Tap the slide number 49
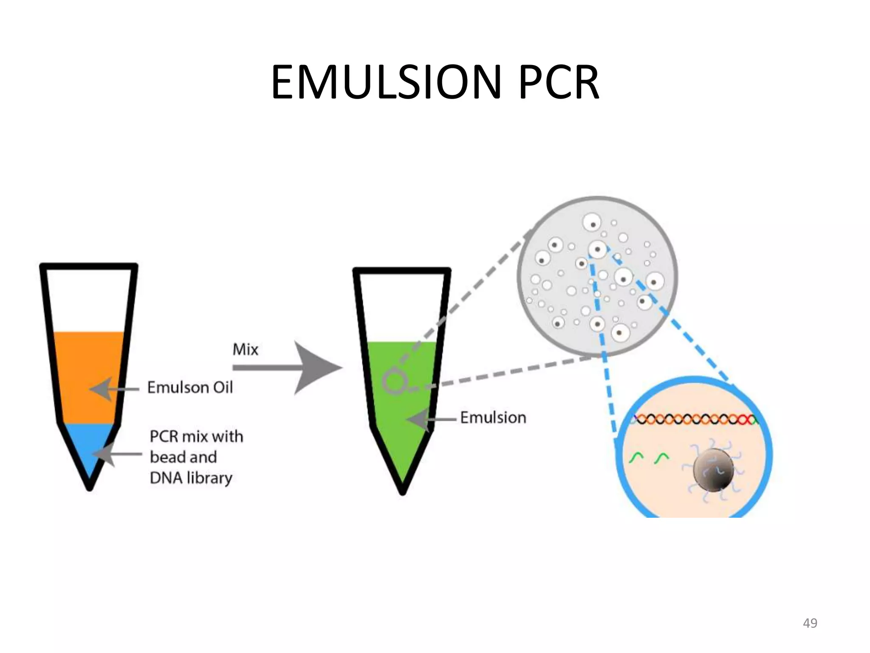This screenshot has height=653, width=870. pos(810,623)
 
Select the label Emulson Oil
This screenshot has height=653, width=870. pos(190,387)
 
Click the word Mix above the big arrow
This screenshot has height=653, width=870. pos(245,349)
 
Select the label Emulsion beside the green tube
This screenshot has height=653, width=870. pos(493,417)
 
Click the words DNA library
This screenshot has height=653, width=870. pos(191,478)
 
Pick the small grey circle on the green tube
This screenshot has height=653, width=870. pos(394,381)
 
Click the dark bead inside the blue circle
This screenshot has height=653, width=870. pos(713,469)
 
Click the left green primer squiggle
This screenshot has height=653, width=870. pos(636,458)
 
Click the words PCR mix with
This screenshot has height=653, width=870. pos(196,437)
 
